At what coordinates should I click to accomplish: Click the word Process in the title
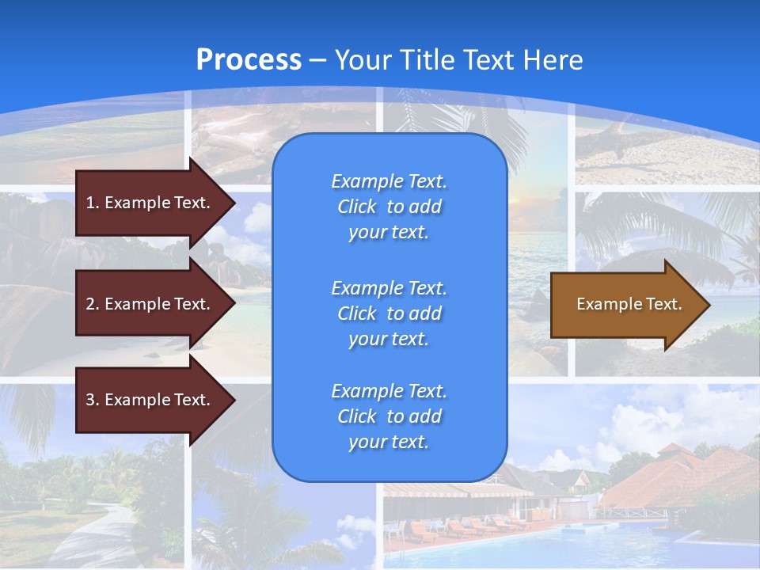(249, 60)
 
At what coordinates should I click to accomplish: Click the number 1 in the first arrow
(90, 203)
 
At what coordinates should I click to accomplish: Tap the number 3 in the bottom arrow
(90, 400)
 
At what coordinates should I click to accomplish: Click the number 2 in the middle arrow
(90, 304)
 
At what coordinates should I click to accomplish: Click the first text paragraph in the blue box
(389, 207)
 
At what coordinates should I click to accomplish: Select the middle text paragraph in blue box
(389, 313)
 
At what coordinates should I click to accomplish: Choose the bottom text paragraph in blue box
(389, 416)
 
